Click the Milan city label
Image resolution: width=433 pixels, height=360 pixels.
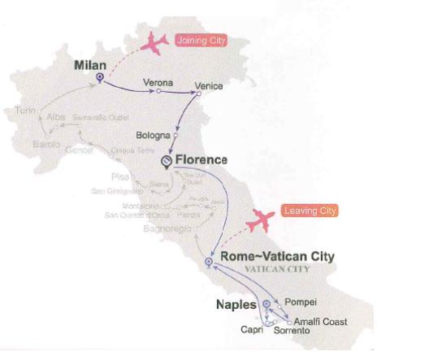(x=90, y=63)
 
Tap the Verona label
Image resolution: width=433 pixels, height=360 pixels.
(x=158, y=82)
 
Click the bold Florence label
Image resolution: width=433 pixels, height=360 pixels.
(x=201, y=160)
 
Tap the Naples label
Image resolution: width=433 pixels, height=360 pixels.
(x=236, y=305)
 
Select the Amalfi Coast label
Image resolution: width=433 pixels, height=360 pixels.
(x=322, y=322)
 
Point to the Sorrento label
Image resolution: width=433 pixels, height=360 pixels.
(x=290, y=332)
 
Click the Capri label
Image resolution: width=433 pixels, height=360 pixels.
(x=253, y=331)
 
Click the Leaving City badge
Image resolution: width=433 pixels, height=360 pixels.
(x=310, y=211)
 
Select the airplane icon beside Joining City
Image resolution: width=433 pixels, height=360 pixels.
(x=154, y=43)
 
